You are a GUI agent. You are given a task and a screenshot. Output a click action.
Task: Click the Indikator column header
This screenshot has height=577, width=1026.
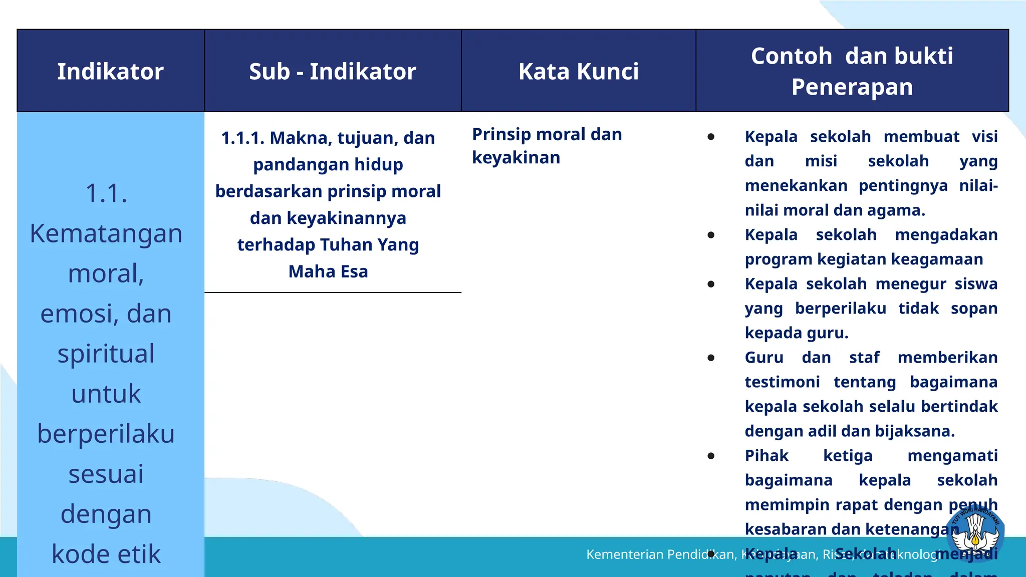[x=110, y=71]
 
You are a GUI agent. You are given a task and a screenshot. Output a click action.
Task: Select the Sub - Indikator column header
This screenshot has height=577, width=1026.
[x=333, y=71]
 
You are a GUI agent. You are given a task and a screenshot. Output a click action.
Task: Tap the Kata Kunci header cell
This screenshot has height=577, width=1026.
[x=579, y=71]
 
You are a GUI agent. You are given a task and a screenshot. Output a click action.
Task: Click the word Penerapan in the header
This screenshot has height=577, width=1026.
[x=852, y=87]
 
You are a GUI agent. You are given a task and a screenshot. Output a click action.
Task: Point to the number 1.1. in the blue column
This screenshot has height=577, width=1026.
[x=106, y=193]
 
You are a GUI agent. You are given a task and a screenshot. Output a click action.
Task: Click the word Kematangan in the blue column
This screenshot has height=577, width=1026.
[x=106, y=233]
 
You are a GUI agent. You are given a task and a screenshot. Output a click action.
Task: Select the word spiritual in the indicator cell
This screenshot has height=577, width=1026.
[x=106, y=354]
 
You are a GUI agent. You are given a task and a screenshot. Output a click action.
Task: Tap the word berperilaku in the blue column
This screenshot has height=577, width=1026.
[x=106, y=434]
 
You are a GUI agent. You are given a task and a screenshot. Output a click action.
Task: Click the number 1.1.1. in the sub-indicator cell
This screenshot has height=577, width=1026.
[x=242, y=138]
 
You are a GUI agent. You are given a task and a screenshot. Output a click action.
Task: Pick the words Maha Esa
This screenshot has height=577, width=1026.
[x=328, y=271]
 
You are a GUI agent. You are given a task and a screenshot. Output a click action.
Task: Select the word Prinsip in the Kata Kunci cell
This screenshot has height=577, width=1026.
[x=501, y=134]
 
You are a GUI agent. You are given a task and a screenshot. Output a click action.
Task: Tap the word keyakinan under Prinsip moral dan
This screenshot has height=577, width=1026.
[x=516, y=158]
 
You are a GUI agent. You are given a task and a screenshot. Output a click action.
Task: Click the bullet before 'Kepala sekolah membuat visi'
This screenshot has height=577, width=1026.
[x=711, y=137]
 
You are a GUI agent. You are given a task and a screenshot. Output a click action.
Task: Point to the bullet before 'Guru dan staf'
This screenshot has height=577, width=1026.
[x=711, y=358]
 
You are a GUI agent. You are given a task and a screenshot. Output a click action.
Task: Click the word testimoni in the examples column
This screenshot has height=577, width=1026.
[x=782, y=382]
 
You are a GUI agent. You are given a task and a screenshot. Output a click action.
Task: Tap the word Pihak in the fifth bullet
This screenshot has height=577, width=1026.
[x=766, y=456]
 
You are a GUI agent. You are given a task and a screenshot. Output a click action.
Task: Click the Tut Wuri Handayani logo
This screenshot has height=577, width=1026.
[x=975, y=534]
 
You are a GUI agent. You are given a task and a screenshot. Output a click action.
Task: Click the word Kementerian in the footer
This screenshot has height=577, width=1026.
[x=617, y=554]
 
